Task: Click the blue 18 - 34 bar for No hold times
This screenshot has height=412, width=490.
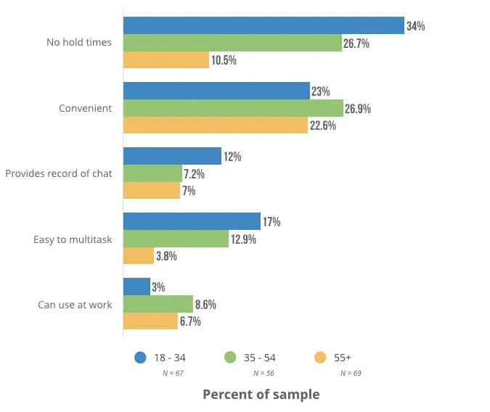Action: [x=264, y=25]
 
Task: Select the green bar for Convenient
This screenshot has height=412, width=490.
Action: [x=233, y=109]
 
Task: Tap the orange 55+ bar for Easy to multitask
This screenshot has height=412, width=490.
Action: [x=139, y=256]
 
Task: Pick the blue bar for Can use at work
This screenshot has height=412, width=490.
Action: [x=137, y=287]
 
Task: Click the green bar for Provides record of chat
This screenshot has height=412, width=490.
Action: [x=152, y=174]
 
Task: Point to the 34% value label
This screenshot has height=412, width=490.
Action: [x=416, y=26]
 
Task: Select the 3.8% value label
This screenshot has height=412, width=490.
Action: [x=166, y=256]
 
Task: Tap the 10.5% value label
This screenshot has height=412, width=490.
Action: [x=224, y=60]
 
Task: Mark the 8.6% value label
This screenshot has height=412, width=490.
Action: [x=205, y=305]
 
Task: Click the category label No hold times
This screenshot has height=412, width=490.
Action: [x=79, y=42]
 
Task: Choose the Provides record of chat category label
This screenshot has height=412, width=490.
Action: [x=59, y=174]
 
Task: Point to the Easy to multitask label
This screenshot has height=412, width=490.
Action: [x=73, y=239]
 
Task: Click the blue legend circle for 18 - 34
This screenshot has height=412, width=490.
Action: [x=141, y=357]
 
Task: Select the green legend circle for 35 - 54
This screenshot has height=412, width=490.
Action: [x=231, y=357]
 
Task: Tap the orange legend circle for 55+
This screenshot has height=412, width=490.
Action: [x=319, y=357]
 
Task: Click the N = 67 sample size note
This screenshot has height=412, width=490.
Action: [x=173, y=373]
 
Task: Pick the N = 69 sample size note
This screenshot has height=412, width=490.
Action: [x=351, y=373]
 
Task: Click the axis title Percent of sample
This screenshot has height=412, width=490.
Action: [x=261, y=395]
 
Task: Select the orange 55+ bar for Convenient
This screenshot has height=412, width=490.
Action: [x=216, y=125]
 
